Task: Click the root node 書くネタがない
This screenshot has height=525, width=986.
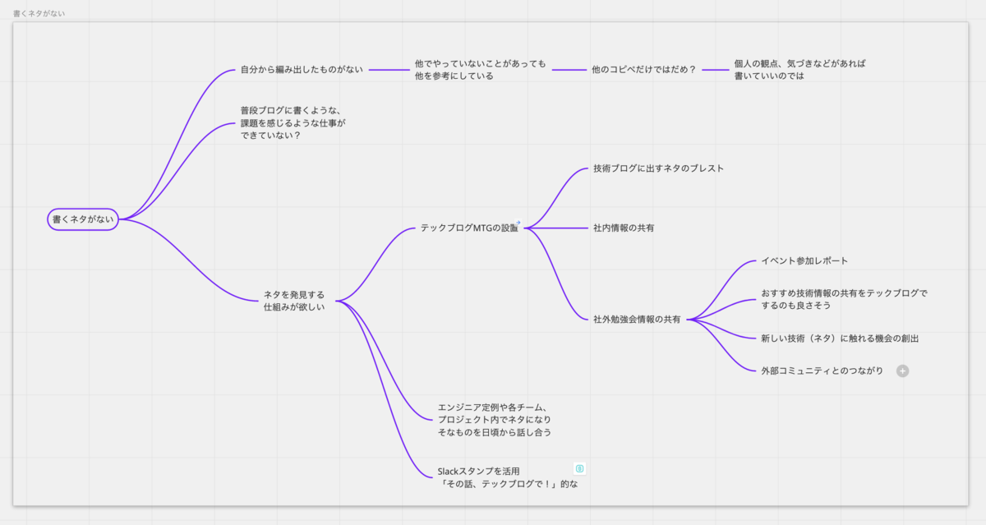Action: (83, 219)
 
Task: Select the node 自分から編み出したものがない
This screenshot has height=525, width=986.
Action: (302, 70)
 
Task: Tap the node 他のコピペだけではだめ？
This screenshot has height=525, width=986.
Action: (643, 70)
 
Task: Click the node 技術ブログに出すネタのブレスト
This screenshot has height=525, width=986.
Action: (658, 168)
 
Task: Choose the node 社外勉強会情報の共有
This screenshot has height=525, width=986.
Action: (637, 320)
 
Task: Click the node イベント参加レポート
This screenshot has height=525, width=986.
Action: (804, 260)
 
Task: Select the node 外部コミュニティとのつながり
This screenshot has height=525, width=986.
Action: (822, 371)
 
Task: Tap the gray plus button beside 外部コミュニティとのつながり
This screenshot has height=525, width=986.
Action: (902, 371)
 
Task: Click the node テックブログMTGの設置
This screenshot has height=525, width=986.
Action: (469, 228)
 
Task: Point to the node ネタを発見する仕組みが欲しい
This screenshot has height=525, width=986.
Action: (294, 301)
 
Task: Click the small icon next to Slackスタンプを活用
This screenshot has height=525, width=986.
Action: (579, 468)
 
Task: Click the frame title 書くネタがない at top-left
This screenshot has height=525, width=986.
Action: (39, 14)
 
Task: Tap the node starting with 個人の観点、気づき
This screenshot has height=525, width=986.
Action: (800, 69)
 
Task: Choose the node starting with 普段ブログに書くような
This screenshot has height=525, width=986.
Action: (293, 122)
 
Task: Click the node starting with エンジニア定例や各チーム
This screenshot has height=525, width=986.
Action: (495, 419)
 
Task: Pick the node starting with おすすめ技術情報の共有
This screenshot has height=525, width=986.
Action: (844, 299)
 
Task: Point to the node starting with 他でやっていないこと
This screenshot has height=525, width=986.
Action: (480, 69)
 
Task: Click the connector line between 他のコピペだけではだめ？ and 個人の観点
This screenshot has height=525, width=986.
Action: (716, 70)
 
